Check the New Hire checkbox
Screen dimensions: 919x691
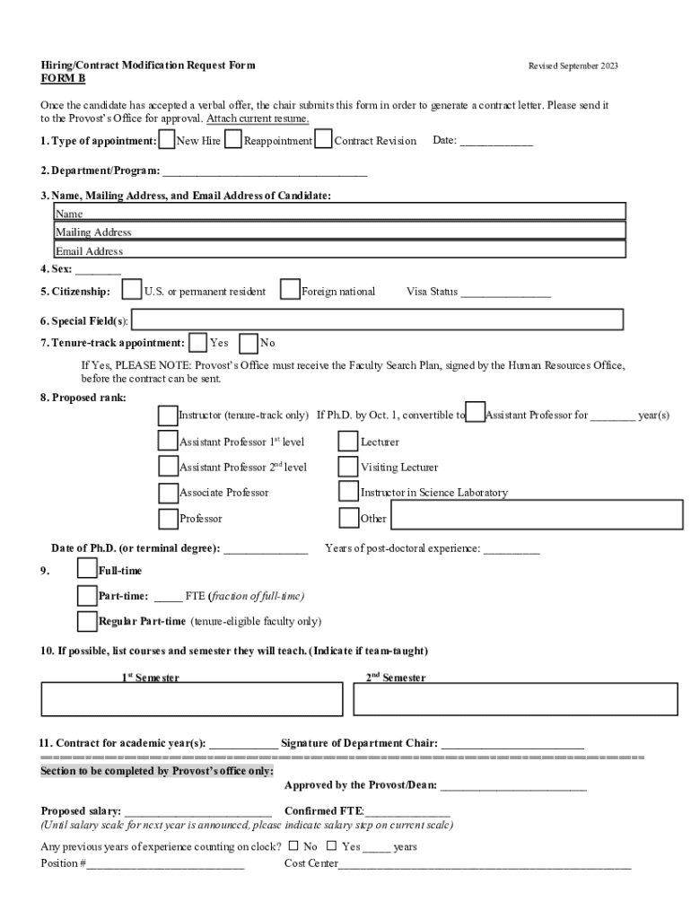coord(166,140)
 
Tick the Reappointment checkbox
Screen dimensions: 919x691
coord(233,140)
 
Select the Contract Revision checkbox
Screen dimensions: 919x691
coord(324,140)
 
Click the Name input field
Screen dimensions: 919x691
coord(339,212)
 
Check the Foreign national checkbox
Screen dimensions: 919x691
coord(290,290)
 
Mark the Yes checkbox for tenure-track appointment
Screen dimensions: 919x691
coord(197,342)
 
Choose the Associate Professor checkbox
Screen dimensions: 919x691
coord(168,493)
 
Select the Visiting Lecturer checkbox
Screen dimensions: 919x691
coord(348,467)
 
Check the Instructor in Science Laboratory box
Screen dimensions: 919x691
coord(348,492)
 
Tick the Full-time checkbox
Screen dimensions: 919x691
coord(87,569)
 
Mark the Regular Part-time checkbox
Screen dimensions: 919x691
coord(87,621)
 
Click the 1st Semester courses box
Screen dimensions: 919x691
coord(192,699)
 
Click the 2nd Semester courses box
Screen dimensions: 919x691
coord(515,699)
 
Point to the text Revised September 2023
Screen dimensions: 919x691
coord(573,66)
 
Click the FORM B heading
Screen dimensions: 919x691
coord(64,79)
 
